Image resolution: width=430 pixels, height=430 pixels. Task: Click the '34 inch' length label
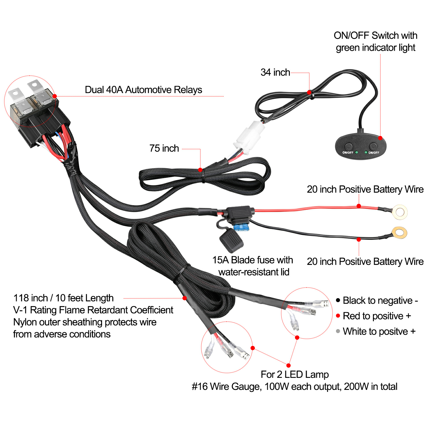click(x=275, y=72)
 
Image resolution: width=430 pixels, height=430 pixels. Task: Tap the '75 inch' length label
click(x=164, y=148)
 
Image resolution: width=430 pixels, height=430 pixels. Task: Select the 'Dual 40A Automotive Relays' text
click(x=143, y=90)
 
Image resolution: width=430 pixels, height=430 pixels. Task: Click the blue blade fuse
click(x=241, y=228)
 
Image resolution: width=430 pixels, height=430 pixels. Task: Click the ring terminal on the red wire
click(x=400, y=212)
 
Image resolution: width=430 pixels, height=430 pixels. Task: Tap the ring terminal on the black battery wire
click(x=399, y=232)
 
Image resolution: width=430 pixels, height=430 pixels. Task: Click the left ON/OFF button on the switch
click(x=348, y=146)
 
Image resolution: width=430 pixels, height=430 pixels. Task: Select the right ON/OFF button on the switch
click(x=373, y=146)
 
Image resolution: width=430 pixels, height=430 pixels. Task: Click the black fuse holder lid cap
click(x=231, y=241)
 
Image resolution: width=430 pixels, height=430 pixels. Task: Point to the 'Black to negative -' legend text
click(x=380, y=300)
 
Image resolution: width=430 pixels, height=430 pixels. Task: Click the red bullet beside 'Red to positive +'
click(x=338, y=316)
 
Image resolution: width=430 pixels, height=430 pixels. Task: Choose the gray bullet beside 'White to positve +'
click(x=338, y=331)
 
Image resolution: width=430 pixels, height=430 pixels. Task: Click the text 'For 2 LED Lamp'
click(x=295, y=374)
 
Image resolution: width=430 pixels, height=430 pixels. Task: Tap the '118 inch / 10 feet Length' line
click(x=63, y=298)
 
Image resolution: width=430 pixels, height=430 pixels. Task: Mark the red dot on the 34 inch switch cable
click(x=309, y=92)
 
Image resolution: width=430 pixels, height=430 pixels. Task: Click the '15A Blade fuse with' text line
click(x=253, y=260)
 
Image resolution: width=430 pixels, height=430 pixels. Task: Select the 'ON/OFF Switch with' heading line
click(x=376, y=35)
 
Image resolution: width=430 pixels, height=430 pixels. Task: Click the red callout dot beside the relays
click(x=55, y=96)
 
